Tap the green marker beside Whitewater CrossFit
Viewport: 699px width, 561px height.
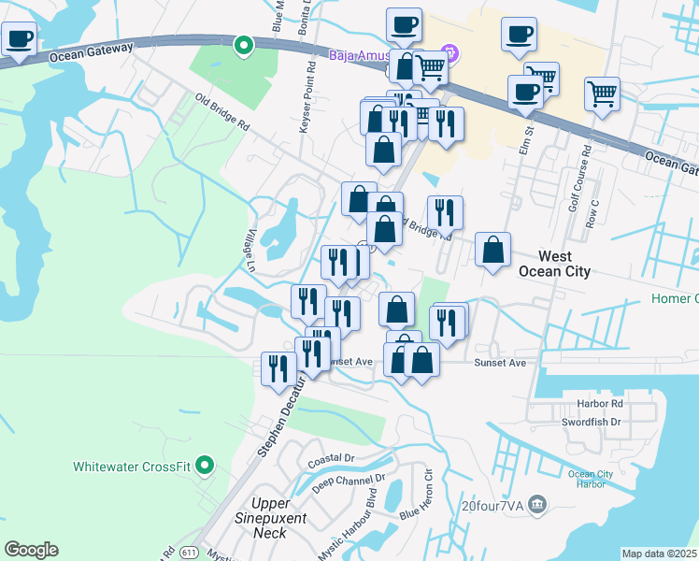coord(207,465)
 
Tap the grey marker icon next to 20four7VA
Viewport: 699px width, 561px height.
coord(536,505)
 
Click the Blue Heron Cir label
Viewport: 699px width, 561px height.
coord(417,496)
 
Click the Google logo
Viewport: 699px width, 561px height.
coord(31,550)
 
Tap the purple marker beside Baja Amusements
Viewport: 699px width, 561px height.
coord(450,52)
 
